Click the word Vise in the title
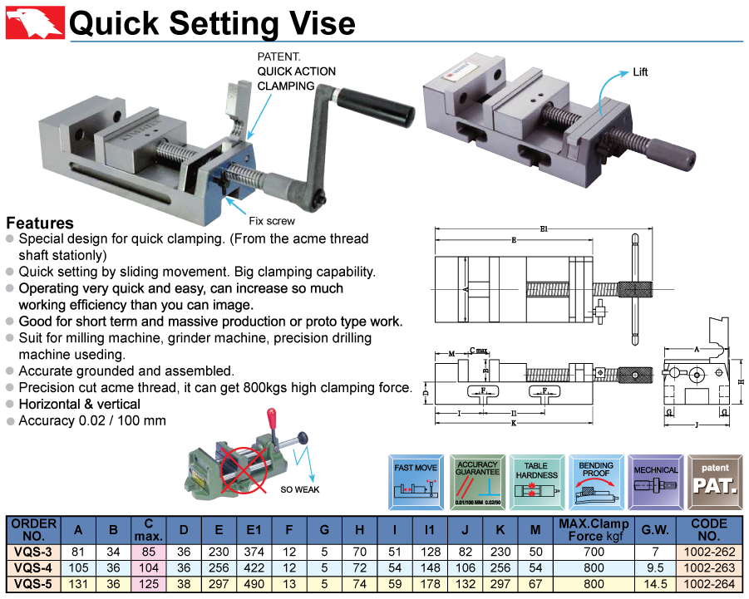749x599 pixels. click(x=318, y=22)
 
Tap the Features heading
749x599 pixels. click(x=40, y=223)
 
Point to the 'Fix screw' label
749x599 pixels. click(x=272, y=222)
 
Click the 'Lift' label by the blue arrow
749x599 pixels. click(x=639, y=72)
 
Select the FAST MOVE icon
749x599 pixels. click(x=416, y=483)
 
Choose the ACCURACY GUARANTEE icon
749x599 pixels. click(x=477, y=483)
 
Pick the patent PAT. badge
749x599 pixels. click(x=715, y=483)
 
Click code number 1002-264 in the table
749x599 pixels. click(x=708, y=583)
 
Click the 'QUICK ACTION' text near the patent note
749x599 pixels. click(x=297, y=71)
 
